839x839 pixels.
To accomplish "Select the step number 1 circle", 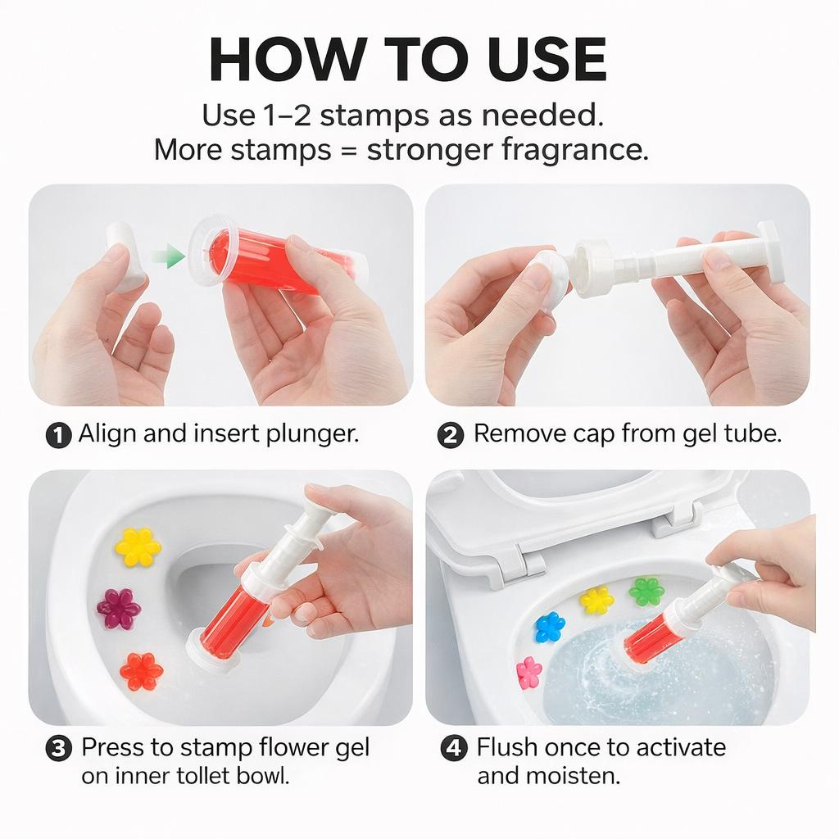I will (59, 434).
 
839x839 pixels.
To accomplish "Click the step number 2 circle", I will (451, 434).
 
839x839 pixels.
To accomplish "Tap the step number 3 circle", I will (59, 748).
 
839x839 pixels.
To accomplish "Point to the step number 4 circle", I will (454, 748).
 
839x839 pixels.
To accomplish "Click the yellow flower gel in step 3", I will (138, 546).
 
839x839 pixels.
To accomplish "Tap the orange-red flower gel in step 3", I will (141, 671).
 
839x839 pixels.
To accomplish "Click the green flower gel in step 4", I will (646, 590).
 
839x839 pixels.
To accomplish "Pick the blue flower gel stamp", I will (550, 627).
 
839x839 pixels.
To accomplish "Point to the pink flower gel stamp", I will (529, 672).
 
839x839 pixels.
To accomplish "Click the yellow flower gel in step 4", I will (596, 600).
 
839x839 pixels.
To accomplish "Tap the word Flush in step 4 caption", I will (507, 747).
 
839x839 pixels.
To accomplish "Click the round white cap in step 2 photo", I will (547, 275).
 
